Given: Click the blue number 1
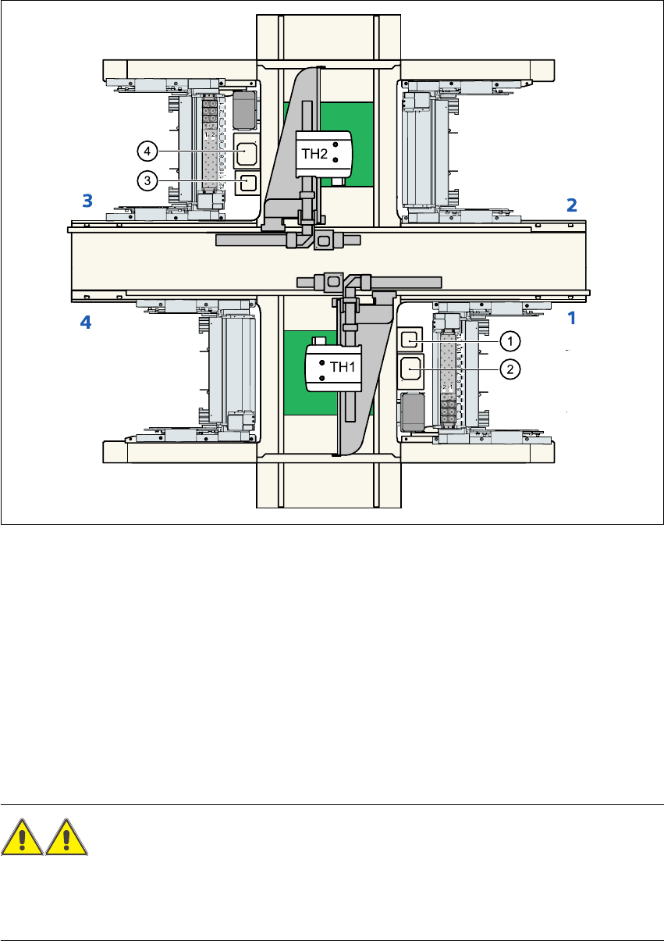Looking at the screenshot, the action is point(571,319).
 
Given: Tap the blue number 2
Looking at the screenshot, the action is point(571,205).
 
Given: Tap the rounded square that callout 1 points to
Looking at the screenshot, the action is point(410,340).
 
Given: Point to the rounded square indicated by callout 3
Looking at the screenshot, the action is point(246,182).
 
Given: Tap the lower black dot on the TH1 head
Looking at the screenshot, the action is point(322,379).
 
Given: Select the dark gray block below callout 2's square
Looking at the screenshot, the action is point(411,410).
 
